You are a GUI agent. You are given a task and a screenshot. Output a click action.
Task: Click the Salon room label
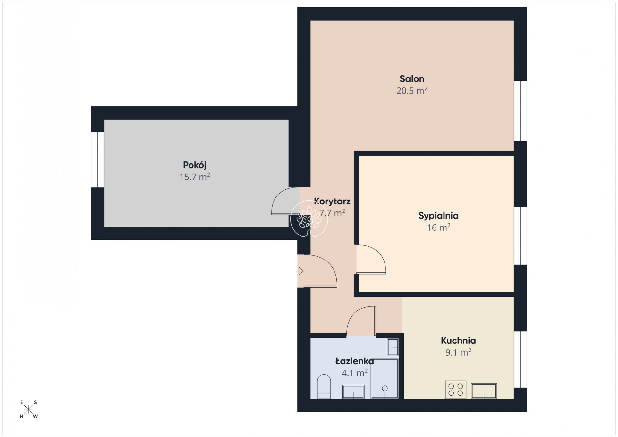412,79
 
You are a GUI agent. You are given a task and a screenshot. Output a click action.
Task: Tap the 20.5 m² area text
412,91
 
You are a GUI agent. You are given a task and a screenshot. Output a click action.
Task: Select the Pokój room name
194,165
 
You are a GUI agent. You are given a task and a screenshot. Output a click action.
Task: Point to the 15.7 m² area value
194,177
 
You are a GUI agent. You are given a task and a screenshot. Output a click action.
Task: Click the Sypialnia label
438,216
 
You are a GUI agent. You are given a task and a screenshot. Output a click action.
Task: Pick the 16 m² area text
438,227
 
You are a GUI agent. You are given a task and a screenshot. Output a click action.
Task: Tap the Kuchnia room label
458,341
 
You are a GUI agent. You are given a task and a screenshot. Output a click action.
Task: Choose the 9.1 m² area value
458,352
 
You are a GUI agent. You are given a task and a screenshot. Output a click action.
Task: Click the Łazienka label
354,361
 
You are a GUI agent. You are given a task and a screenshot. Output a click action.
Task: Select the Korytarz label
332,202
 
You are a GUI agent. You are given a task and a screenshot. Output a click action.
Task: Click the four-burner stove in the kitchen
456,390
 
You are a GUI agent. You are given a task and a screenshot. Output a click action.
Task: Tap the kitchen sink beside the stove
484,391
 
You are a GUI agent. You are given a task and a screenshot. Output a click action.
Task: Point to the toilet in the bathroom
324,387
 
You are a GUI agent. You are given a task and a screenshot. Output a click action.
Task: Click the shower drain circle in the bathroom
385,389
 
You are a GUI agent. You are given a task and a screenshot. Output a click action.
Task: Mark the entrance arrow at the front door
300,271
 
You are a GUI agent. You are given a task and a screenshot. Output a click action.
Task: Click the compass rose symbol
29,409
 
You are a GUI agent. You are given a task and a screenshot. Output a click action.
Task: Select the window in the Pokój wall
97,160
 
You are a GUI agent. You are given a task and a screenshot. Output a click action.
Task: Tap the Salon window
521,111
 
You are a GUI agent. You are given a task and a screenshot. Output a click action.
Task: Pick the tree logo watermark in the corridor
309,219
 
